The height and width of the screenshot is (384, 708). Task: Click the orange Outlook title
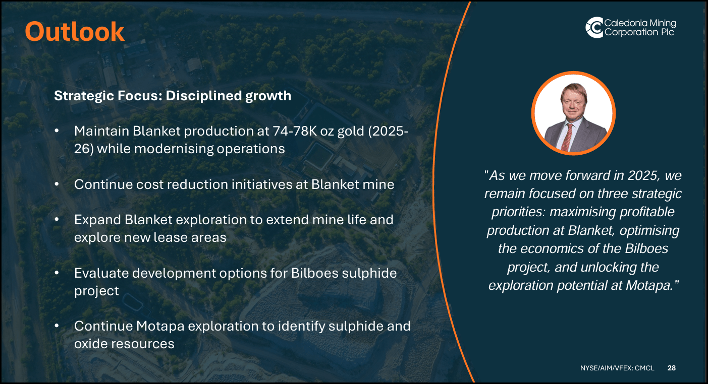click(x=75, y=31)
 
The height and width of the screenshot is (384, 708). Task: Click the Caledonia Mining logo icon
click(x=594, y=27)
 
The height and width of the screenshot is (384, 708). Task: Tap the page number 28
click(x=671, y=368)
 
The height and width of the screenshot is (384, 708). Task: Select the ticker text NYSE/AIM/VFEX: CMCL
click(x=617, y=368)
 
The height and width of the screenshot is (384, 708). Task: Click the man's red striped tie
click(x=569, y=135)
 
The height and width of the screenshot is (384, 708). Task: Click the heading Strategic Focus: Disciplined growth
click(x=173, y=96)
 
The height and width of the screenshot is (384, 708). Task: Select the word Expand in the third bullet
click(x=97, y=220)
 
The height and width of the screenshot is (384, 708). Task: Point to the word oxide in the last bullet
click(x=92, y=344)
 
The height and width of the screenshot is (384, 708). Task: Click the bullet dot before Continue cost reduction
click(x=58, y=184)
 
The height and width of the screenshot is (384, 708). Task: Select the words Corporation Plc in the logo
click(x=639, y=32)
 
